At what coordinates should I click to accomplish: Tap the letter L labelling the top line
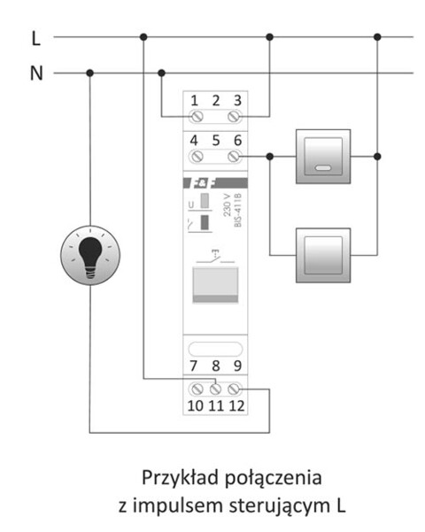[35, 38]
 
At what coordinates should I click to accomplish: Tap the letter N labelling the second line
[35, 73]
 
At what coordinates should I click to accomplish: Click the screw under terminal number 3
[235, 117]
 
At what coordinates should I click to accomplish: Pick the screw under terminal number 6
[235, 156]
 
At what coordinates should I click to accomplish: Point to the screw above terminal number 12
[235, 387]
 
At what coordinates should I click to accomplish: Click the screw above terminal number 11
[215, 387]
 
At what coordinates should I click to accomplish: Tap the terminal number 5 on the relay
[215, 139]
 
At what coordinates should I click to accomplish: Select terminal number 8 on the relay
[215, 365]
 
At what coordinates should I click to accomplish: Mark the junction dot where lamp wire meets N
[89, 73]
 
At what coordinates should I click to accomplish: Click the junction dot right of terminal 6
[270, 156]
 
